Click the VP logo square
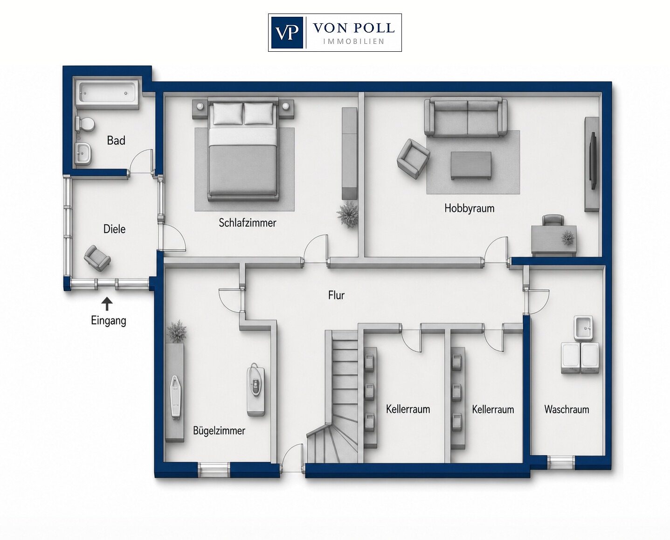pos(287,33)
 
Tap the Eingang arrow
pos(107,304)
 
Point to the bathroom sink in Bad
pos(83,153)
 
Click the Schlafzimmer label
pos(248,222)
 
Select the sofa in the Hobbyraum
pos(465,118)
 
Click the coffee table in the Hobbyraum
pos(471,166)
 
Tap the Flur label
pos(336,295)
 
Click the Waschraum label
pos(566,409)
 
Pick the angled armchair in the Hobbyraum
pos(413,159)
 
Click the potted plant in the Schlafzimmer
pos(347,214)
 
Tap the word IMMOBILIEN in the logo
pos(354,41)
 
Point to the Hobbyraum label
pos(469,208)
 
